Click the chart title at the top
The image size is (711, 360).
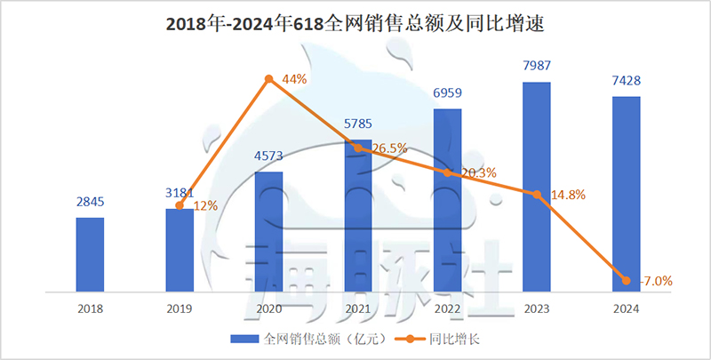355,25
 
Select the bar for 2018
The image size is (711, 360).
90,254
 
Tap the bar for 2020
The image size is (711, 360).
268,231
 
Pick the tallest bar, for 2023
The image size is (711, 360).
536,187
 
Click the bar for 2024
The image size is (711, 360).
626,194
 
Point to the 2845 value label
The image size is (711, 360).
90,203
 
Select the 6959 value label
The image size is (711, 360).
447,94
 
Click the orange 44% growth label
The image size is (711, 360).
294,79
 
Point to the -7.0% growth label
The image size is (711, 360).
655,281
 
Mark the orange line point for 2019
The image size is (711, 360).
179,205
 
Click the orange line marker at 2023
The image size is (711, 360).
536,194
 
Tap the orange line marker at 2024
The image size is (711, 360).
626,280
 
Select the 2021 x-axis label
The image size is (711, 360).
357,308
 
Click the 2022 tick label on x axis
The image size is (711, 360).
447,308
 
